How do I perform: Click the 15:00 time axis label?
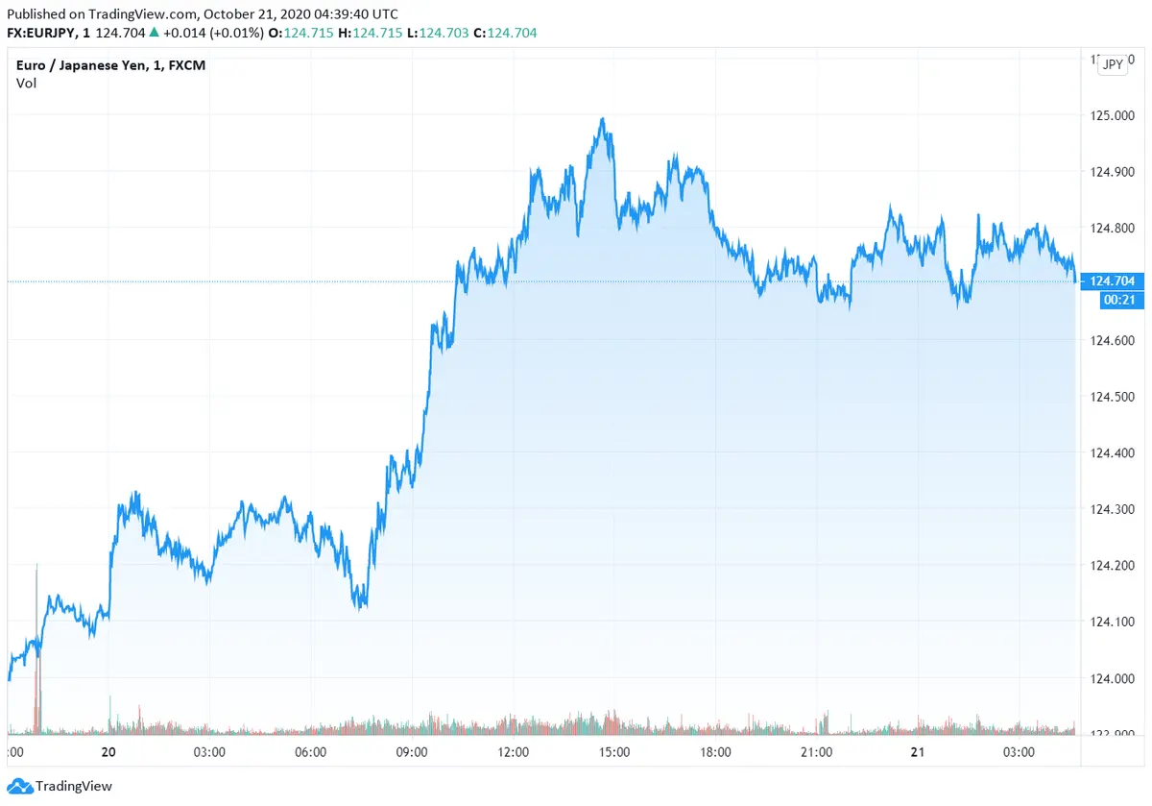tap(614, 752)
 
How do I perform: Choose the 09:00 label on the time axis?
tap(412, 752)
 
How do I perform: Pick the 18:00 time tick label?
tap(715, 752)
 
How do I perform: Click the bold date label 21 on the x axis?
tap(917, 752)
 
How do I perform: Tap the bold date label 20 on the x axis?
tap(108, 752)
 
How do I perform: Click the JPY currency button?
tap(1113, 64)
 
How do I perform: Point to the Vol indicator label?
tap(26, 83)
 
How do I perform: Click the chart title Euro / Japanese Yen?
tap(111, 65)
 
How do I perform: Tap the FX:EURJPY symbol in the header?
tap(44, 34)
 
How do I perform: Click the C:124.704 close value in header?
tap(505, 34)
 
